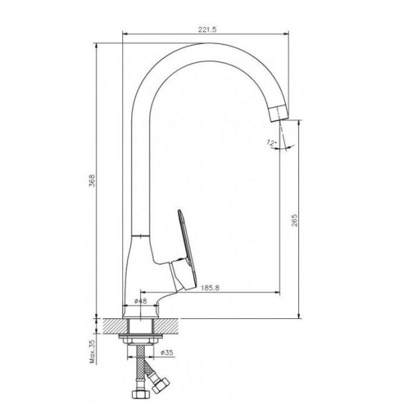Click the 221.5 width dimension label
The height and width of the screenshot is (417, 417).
tap(207, 29)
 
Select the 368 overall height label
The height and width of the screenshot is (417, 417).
tap(92, 181)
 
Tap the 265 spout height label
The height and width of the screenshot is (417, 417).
tap(295, 220)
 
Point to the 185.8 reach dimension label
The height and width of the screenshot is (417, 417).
tap(210, 288)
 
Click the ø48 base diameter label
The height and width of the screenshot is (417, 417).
tap(140, 301)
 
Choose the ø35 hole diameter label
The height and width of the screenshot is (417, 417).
tap(167, 352)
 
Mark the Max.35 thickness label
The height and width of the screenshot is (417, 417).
tap(92, 351)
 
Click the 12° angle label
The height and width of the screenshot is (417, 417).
tap(271, 142)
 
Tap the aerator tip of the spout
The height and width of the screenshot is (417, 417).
tap(279, 113)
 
